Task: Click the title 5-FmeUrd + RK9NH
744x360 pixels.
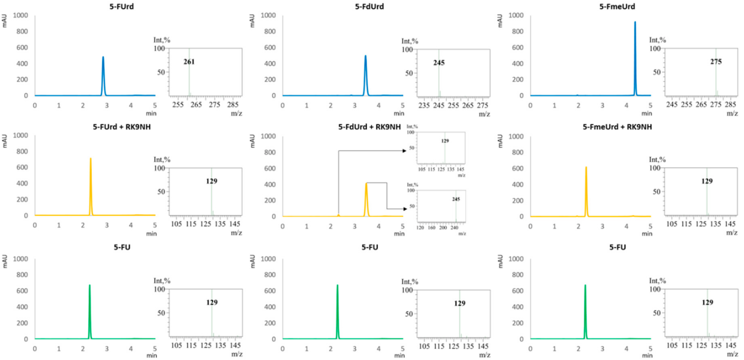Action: click(617, 127)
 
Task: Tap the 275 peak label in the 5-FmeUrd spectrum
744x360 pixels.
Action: click(716, 61)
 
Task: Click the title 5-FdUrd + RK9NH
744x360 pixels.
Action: click(369, 127)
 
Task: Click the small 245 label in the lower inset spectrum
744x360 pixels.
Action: click(456, 199)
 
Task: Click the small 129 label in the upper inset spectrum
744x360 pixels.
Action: click(445, 141)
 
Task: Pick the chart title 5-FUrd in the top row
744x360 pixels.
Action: click(122, 6)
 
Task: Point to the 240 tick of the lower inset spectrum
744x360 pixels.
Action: click(454, 228)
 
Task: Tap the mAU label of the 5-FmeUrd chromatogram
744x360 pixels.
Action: click(500, 21)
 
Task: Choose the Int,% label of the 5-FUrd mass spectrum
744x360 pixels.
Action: click(162, 40)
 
